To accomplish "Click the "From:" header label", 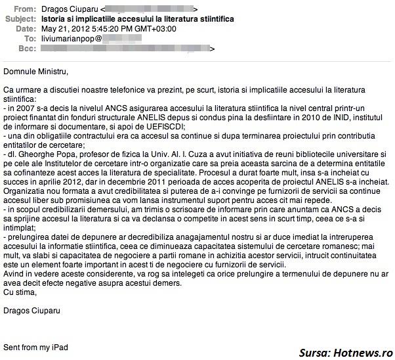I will tap(26, 9).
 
